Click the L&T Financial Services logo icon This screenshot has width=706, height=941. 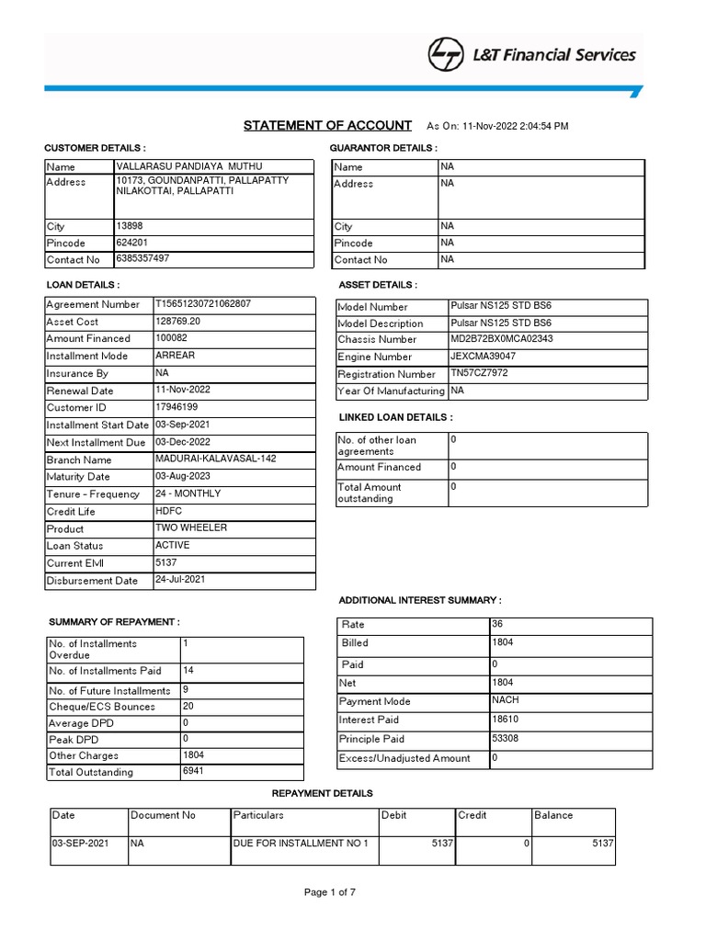[446, 55]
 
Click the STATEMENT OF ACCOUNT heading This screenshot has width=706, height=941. [327, 126]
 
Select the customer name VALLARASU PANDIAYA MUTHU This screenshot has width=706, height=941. [188, 165]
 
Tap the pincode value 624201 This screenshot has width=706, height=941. [131, 242]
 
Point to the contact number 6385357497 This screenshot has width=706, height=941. [142, 258]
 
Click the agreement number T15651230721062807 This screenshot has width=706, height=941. [203, 303]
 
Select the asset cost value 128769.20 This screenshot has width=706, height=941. [178, 321]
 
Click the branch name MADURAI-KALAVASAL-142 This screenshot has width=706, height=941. [215, 459]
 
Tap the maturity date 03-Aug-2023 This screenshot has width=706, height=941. [184, 476]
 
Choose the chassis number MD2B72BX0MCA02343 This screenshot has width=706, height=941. [501, 338]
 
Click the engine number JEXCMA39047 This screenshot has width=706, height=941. [483, 356]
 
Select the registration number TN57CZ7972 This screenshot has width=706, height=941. [478, 373]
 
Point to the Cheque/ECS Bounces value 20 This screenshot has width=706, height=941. [188, 706]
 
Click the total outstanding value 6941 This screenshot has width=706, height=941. [193, 771]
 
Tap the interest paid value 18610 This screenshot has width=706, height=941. [507, 720]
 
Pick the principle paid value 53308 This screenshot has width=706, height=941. [507, 738]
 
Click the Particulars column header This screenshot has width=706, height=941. [258, 815]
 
